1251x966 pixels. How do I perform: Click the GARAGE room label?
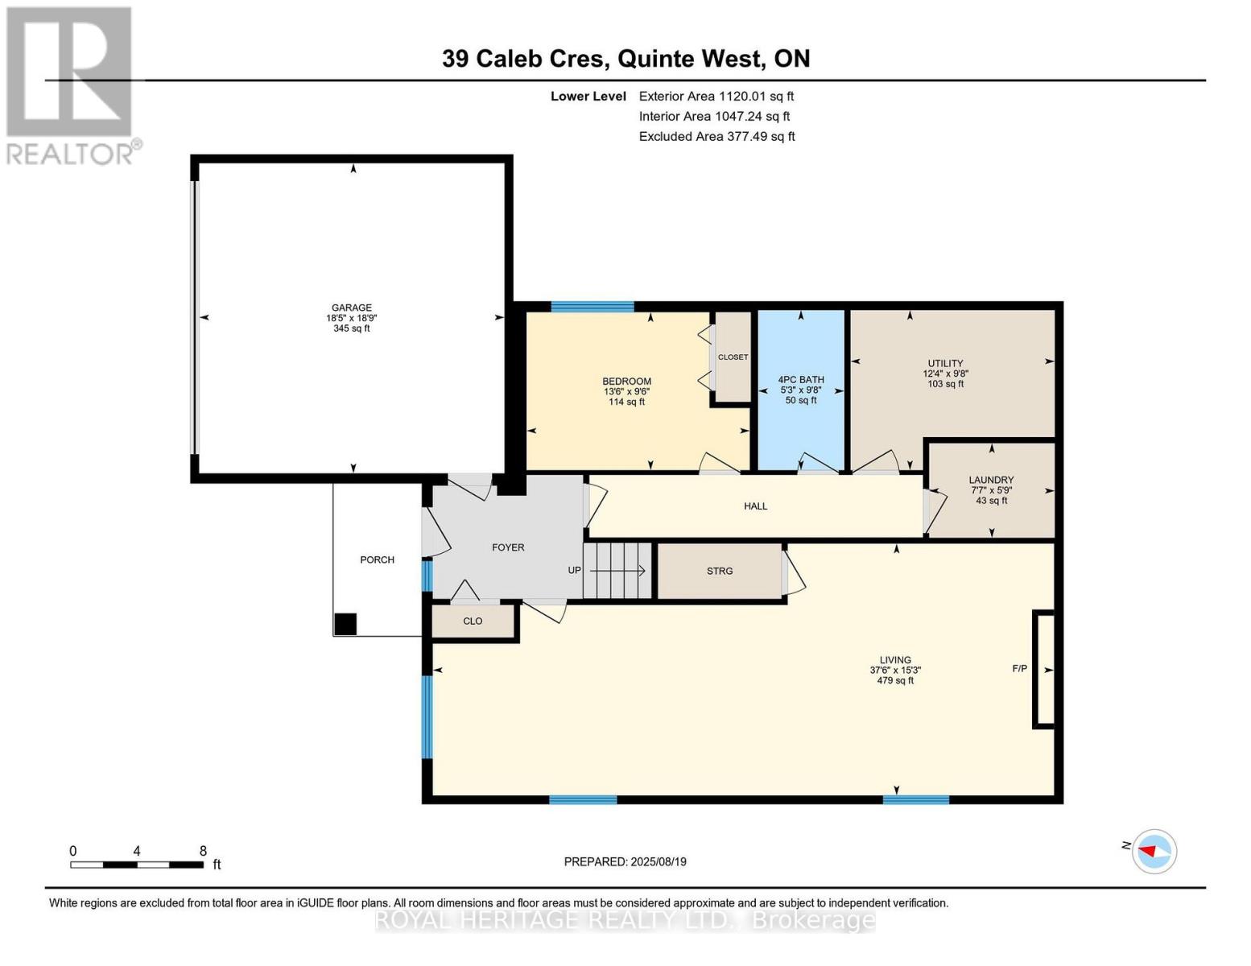pos(352,308)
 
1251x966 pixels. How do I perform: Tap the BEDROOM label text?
pos(626,382)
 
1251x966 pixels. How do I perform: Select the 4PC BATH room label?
pos(801,380)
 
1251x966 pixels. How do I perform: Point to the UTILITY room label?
pos(945,364)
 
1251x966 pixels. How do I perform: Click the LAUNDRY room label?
pos(991,480)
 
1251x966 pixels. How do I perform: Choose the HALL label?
pos(755,506)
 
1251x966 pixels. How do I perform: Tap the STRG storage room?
pos(720,571)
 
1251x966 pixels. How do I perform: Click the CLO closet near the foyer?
pos(473,621)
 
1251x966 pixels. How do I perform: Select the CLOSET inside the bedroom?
pos(733,357)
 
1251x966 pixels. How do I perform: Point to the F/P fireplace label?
pos(1019,669)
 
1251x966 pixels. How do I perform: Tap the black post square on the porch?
pos(345,625)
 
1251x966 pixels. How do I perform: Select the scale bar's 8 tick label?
pos(203,851)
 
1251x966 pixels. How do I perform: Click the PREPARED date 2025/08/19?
pos(625,862)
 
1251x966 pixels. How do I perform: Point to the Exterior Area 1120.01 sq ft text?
pos(716,96)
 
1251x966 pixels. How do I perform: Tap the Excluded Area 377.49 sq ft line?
pos(716,137)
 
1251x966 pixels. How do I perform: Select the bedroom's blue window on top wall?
pos(592,307)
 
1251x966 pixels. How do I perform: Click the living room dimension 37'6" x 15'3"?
pos(895,671)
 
